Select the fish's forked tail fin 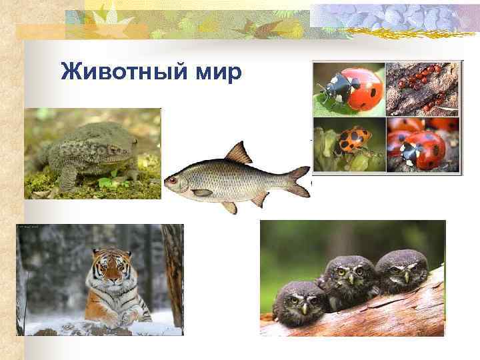(298, 181)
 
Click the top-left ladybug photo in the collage (349, 89)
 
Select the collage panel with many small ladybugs (423, 89)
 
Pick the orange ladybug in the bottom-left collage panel (351, 140)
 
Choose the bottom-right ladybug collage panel (423, 145)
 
